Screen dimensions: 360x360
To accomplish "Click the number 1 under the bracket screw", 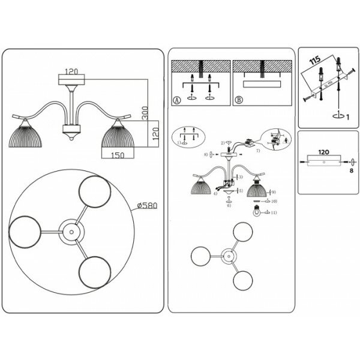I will point(340,113).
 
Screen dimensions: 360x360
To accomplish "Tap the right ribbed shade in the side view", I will point(117,138).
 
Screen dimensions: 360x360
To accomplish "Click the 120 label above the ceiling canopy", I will point(72,70).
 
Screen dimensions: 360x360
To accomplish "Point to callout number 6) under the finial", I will point(229,206).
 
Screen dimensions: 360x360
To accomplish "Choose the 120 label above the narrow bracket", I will point(323,152).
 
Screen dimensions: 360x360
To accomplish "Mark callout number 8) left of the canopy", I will point(205,155).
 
